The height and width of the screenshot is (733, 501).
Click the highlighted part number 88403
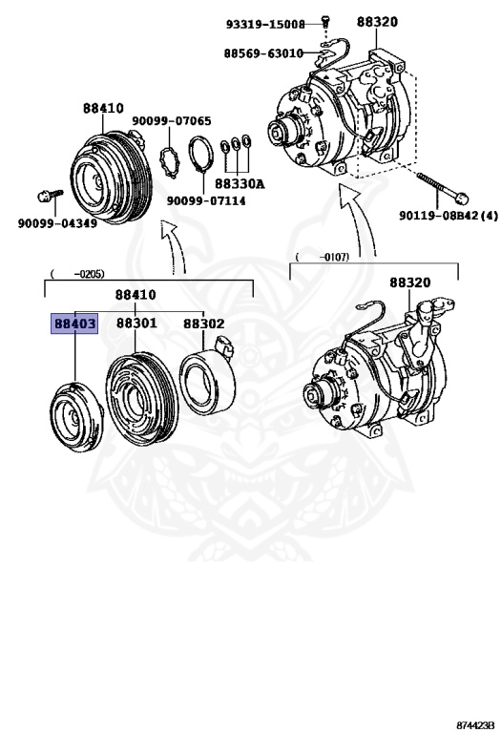click(74, 325)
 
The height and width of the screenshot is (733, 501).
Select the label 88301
click(136, 325)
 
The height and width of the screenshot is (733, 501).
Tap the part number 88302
click(203, 325)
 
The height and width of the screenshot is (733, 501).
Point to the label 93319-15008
click(265, 24)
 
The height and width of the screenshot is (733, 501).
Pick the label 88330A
click(239, 183)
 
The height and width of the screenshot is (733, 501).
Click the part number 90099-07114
click(206, 201)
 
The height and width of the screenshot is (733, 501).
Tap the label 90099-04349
click(56, 223)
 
